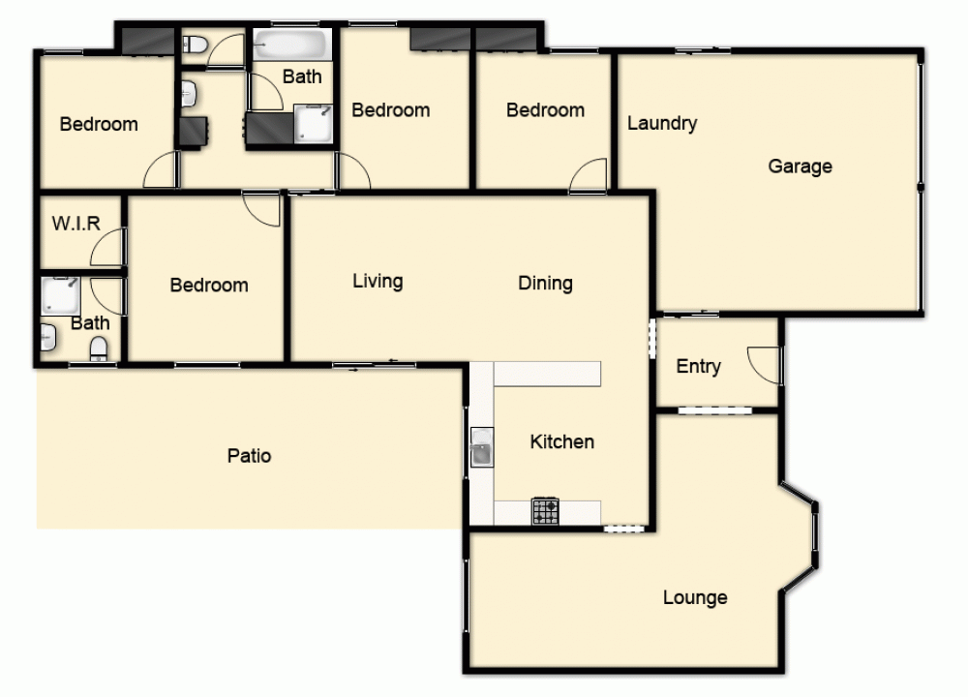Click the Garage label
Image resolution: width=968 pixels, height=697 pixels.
pyautogui.click(x=800, y=167)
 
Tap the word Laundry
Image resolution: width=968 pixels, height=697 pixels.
pyautogui.click(x=662, y=123)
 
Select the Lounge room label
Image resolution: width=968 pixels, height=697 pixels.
pyautogui.click(x=695, y=597)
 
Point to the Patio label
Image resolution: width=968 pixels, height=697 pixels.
pyautogui.click(x=249, y=455)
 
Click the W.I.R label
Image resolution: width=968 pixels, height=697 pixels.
pyautogui.click(x=76, y=224)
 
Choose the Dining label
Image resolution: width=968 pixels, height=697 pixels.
pyautogui.click(x=545, y=283)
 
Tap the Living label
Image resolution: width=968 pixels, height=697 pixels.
pyautogui.click(x=378, y=281)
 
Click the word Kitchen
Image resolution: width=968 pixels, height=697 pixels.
pyautogui.click(x=561, y=441)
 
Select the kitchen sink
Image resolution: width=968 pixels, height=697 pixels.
pyautogui.click(x=482, y=452)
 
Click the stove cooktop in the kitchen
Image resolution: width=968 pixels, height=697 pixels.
pyautogui.click(x=545, y=511)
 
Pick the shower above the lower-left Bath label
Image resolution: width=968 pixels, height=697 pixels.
pyautogui.click(x=59, y=295)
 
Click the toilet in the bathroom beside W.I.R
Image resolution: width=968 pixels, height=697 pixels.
pyautogui.click(x=100, y=348)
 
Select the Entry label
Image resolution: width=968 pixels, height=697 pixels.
pyautogui.click(x=698, y=366)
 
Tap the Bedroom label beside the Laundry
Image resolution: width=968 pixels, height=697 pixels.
pyautogui.click(x=545, y=110)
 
